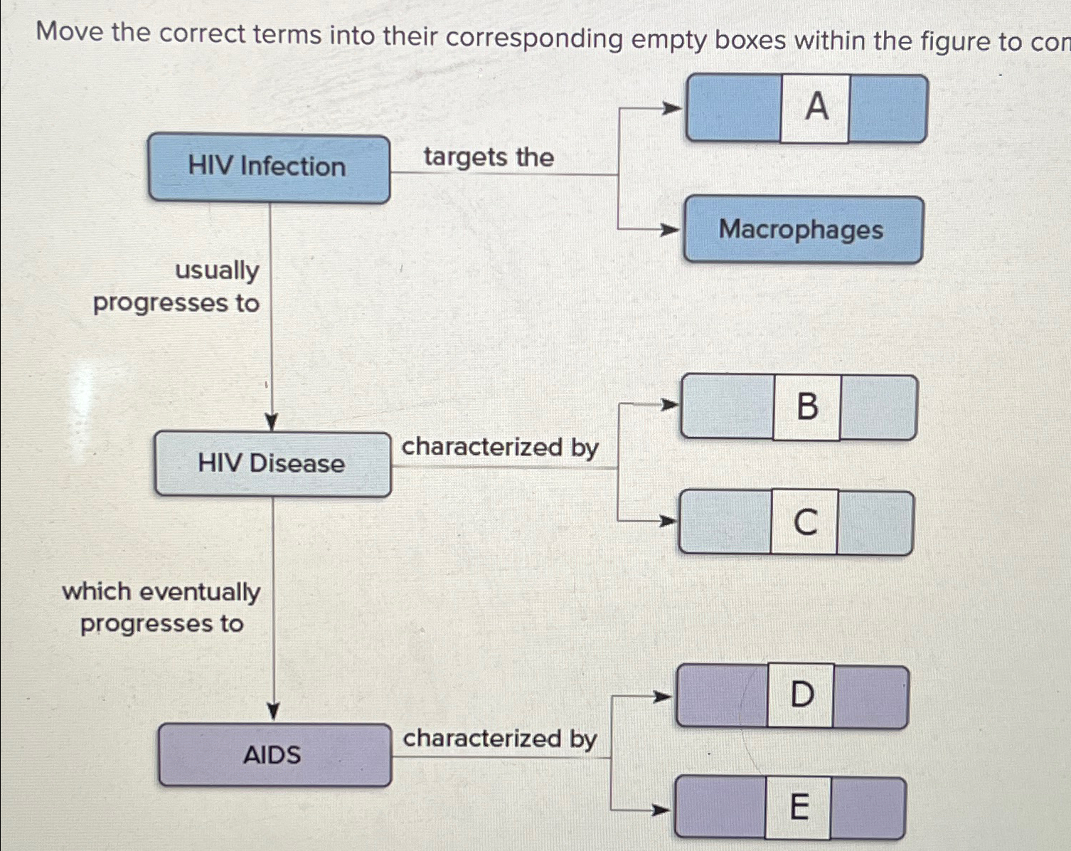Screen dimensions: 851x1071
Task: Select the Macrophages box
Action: point(803,230)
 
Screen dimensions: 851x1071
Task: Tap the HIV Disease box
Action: point(272,464)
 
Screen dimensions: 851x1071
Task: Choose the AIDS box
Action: point(275,755)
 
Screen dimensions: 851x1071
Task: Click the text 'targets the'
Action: point(489,157)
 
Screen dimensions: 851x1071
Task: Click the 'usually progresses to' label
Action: point(178,287)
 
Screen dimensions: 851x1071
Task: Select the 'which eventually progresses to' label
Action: point(161,608)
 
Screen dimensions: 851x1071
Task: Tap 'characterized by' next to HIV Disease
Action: point(500,448)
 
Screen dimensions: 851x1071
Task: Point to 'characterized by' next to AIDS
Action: point(500,739)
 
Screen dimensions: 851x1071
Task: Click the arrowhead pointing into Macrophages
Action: point(668,230)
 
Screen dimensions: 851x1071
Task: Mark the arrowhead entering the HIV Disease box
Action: point(271,423)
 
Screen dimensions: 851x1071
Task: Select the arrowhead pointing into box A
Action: point(671,109)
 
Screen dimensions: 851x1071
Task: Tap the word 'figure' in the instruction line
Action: point(955,41)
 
